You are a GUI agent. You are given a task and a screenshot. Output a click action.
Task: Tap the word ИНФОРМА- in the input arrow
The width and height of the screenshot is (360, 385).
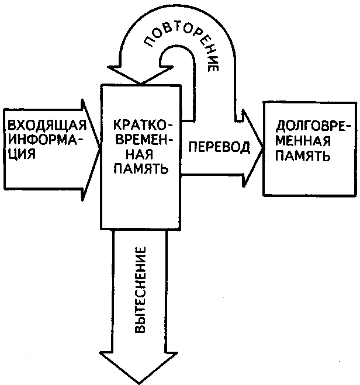coord(46,140)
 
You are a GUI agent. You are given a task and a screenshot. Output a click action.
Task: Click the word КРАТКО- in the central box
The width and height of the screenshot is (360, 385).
coord(143,126)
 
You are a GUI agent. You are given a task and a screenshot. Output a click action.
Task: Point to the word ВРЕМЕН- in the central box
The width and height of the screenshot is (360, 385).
coord(144,141)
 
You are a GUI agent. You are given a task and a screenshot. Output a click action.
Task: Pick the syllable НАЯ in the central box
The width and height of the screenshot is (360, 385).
coord(141,155)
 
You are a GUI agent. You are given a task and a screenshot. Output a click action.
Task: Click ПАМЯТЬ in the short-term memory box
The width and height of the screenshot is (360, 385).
coord(141,169)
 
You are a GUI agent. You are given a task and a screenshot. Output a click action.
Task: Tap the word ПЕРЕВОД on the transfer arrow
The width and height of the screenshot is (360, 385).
coord(220,147)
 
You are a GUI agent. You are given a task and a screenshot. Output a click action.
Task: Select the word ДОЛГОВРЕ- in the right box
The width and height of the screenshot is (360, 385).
coord(313,126)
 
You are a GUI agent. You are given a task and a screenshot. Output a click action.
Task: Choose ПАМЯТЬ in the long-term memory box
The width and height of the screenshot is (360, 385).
coord(302,155)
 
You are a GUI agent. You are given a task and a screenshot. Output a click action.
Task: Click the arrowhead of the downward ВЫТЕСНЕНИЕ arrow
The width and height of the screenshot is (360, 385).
coord(139,367)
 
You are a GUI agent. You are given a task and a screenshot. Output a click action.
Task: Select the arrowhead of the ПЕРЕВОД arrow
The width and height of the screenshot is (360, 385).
coord(253,148)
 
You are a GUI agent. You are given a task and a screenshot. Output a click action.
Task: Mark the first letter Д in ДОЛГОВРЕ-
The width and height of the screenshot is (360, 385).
coord(280,127)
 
